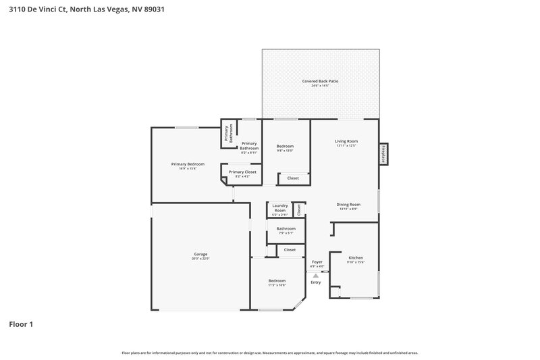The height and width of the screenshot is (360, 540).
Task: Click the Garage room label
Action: tap(200, 254)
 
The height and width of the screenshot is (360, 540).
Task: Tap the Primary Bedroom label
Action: tap(188, 164)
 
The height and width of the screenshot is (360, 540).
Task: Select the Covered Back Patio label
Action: tap(320, 81)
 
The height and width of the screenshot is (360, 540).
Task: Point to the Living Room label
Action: tap(346, 141)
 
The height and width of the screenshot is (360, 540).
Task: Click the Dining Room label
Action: tap(348, 205)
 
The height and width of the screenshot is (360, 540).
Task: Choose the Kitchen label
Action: tap(356, 257)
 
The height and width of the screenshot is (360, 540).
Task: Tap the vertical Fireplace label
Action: tap(384, 154)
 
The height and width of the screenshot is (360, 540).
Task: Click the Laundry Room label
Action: tap(279, 208)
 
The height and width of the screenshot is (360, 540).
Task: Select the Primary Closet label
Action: tap(242, 172)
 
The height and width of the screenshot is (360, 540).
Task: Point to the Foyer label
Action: tap(317, 261)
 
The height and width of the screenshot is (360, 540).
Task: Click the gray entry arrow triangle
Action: tap(315, 275)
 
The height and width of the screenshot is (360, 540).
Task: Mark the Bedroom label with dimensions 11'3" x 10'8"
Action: tap(277, 280)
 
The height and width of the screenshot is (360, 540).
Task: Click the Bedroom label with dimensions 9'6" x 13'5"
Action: tap(285, 146)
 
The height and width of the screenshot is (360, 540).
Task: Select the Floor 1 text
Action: tap(21, 324)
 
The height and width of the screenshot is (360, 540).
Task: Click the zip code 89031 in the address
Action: tap(153, 9)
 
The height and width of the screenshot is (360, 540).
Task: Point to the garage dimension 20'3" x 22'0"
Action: tap(200, 259)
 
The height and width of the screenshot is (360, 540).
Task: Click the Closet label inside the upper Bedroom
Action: tap(293, 178)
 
